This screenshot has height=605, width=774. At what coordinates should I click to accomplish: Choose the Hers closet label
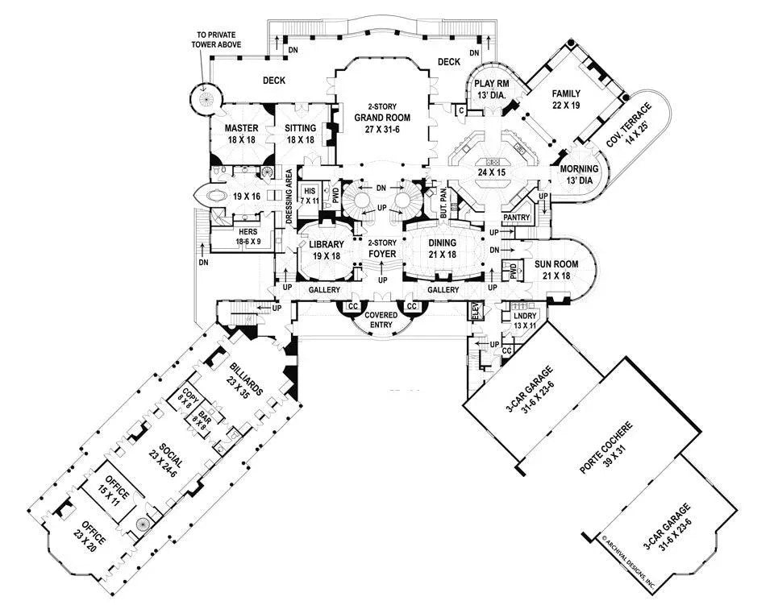pyautogui.click(x=230, y=234)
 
